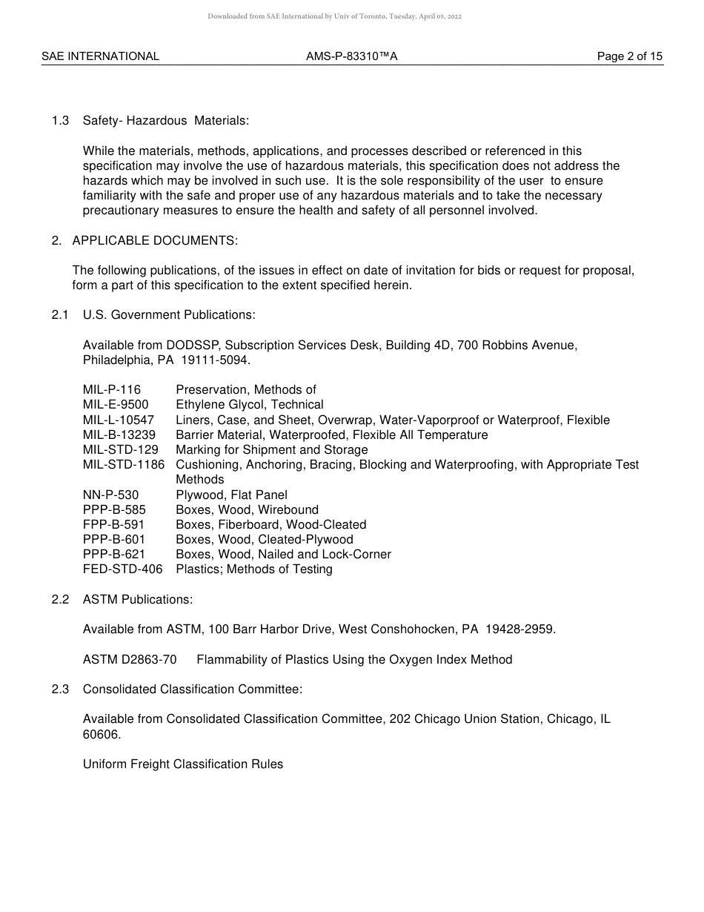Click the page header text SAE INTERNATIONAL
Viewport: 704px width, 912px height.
click(x=100, y=56)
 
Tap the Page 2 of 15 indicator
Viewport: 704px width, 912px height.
click(x=630, y=56)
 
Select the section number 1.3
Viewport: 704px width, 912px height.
click(x=61, y=121)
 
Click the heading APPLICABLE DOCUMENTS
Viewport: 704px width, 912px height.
click(x=155, y=240)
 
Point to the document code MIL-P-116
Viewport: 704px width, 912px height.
click(x=112, y=390)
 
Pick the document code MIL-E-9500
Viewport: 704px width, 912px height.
click(x=116, y=405)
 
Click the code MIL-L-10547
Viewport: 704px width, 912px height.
click(x=119, y=420)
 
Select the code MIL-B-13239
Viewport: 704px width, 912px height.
click(x=119, y=435)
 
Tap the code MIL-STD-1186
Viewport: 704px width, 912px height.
click(x=124, y=465)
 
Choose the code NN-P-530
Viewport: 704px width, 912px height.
click(x=110, y=495)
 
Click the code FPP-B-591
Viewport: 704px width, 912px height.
click(x=114, y=525)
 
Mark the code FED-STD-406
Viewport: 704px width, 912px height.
click(x=123, y=569)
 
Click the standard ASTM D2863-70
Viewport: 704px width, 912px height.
click(x=130, y=660)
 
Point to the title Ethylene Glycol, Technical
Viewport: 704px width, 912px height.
click(x=250, y=405)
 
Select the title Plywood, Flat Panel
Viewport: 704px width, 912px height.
click(x=231, y=495)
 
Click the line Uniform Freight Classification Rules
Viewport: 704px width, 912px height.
click(x=183, y=764)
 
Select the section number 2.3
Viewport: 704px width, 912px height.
click(x=61, y=690)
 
